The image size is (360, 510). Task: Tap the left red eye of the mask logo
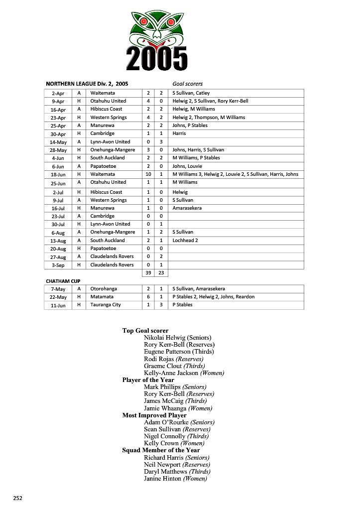click(x=144, y=21)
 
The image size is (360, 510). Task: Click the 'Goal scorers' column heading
click(x=187, y=84)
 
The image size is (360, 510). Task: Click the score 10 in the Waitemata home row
click(x=148, y=174)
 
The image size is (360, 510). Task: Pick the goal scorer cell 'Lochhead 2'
click(x=185, y=241)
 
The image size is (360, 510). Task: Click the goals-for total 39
click(x=148, y=273)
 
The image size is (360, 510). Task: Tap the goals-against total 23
click(x=161, y=273)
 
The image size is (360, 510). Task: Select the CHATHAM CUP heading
click(x=63, y=281)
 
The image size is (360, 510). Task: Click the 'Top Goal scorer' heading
click(x=145, y=331)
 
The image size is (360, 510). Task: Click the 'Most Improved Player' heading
click(x=154, y=415)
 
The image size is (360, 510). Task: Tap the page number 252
click(x=18, y=498)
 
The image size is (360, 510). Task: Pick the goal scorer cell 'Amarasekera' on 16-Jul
click(x=187, y=208)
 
